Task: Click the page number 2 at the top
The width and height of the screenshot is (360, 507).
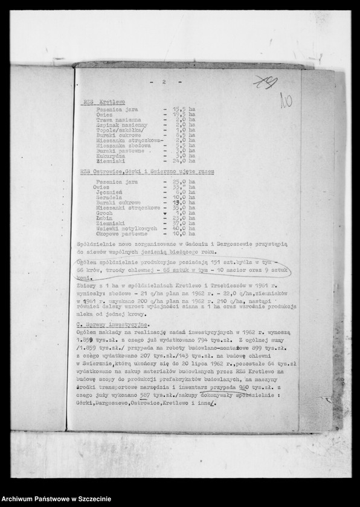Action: [164, 81]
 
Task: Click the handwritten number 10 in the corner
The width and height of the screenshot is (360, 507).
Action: [286, 100]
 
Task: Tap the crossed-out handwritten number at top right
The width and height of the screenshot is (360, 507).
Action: [264, 82]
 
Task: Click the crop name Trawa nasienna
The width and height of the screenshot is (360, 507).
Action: [118, 120]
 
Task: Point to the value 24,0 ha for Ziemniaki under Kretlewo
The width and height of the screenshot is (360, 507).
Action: [183, 161]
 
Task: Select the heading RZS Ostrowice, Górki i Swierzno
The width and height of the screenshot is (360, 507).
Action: [146, 171]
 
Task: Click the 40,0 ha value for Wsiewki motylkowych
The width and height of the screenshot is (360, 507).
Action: [183, 228]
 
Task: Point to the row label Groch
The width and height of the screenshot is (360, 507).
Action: [104, 213]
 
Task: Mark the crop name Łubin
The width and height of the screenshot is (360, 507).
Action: [104, 218]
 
